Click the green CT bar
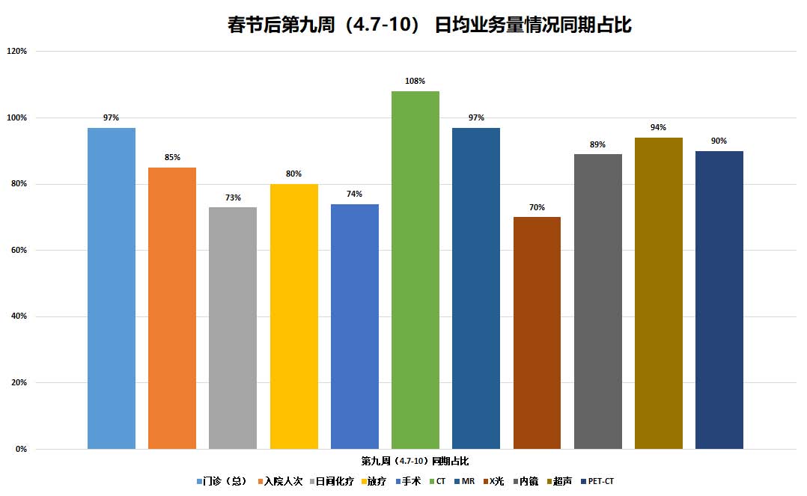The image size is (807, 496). pyautogui.click(x=415, y=269)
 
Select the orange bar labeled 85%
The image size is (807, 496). pyautogui.click(x=172, y=307)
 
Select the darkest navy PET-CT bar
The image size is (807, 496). pyautogui.click(x=719, y=299)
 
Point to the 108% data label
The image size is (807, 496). pyautogui.click(x=415, y=81)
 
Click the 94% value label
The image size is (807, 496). pyautogui.click(x=658, y=127)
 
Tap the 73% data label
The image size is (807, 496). pyautogui.click(x=233, y=198)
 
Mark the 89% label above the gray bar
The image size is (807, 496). pyautogui.click(x=597, y=144)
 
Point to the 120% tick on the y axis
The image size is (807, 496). pyautogui.click(x=16, y=51)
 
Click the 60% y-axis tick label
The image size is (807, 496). pyautogui.click(x=18, y=250)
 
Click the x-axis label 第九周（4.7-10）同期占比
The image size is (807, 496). pyautogui.click(x=415, y=460)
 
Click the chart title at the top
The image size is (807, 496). pyautogui.click(x=430, y=25)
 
